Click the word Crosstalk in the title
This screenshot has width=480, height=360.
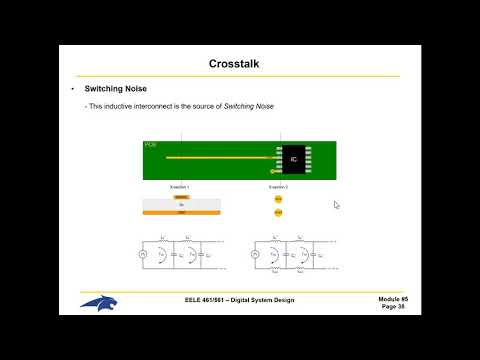point(240,64)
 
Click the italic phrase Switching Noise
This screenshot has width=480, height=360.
point(250,106)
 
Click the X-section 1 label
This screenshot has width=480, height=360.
point(180,187)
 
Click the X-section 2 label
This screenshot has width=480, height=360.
point(278,187)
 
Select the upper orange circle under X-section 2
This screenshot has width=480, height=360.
point(278,199)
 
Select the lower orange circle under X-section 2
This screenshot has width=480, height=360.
point(278,212)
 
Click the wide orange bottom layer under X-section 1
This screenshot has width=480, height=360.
point(181,213)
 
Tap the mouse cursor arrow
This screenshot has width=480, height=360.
point(336,205)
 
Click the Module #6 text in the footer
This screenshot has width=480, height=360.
point(393,299)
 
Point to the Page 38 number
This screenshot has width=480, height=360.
point(393,307)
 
